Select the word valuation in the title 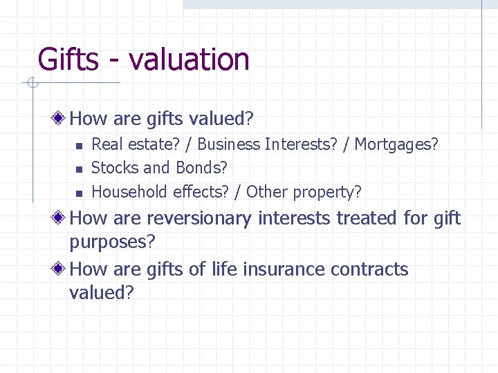(189, 59)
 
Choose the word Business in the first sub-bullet (229, 144)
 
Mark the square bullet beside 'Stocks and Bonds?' (80, 169)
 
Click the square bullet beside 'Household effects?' (80, 192)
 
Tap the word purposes (112, 242)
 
